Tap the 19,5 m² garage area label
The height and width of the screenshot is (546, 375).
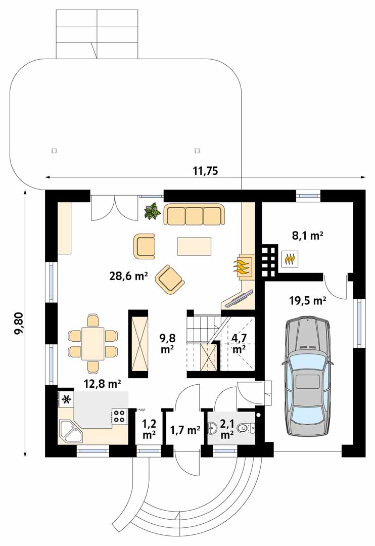pyautogui.click(x=308, y=300)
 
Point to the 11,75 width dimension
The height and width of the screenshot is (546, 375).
pyautogui.click(x=205, y=171)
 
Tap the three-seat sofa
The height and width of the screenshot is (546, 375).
pyautogui.click(x=194, y=214)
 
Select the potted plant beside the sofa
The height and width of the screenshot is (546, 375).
pyautogui.click(x=153, y=211)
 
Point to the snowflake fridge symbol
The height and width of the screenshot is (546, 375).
pyautogui.click(x=66, y=399)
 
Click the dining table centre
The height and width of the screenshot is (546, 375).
pyautogui.click(x=93, y=344)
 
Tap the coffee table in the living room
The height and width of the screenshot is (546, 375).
pyautogui.click(x=194, y=246)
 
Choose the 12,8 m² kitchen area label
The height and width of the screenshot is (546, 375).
pyautogui.click(x=103, y=384)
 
